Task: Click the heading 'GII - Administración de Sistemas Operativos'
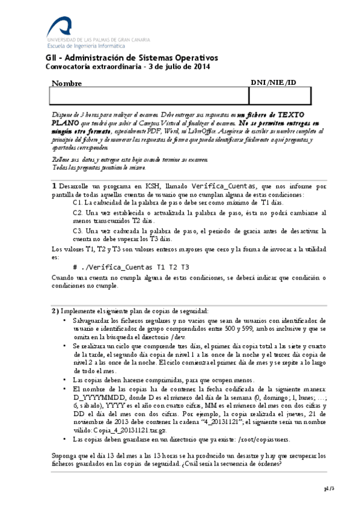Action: tap(132, 58)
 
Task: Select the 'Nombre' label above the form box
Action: tap(67, 84)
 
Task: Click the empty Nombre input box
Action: tap(148, 96)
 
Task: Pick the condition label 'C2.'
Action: tap(77, 213)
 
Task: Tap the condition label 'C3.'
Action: tap(77, 230)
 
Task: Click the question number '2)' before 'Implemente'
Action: tap(55, 310)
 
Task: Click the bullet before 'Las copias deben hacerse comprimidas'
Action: tap(65, 380)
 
